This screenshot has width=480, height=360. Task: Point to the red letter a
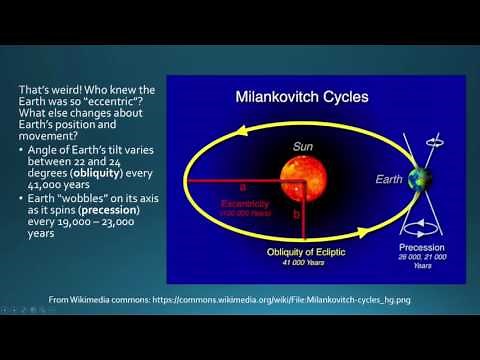point(242,187)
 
